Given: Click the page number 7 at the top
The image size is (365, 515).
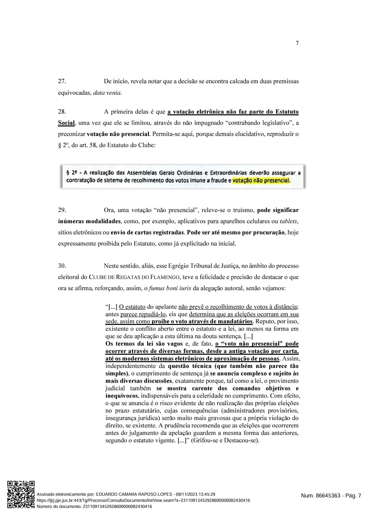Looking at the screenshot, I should [297, 43].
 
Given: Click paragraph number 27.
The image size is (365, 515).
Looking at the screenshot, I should [62, 81].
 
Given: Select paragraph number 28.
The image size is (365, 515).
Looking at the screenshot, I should [62, 112].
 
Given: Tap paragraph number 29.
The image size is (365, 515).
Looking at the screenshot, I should [62, 210].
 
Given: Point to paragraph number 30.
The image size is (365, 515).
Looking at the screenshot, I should [62, 266].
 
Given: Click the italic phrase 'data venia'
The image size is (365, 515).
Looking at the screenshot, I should [107, 92].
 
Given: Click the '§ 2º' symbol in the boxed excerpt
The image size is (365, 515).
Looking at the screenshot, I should [71, 172].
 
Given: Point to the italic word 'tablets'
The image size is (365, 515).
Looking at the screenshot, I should [288, 221].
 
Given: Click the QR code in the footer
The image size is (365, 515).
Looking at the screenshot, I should [21, 494].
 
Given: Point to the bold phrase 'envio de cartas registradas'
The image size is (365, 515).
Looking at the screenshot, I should [147, 232].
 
